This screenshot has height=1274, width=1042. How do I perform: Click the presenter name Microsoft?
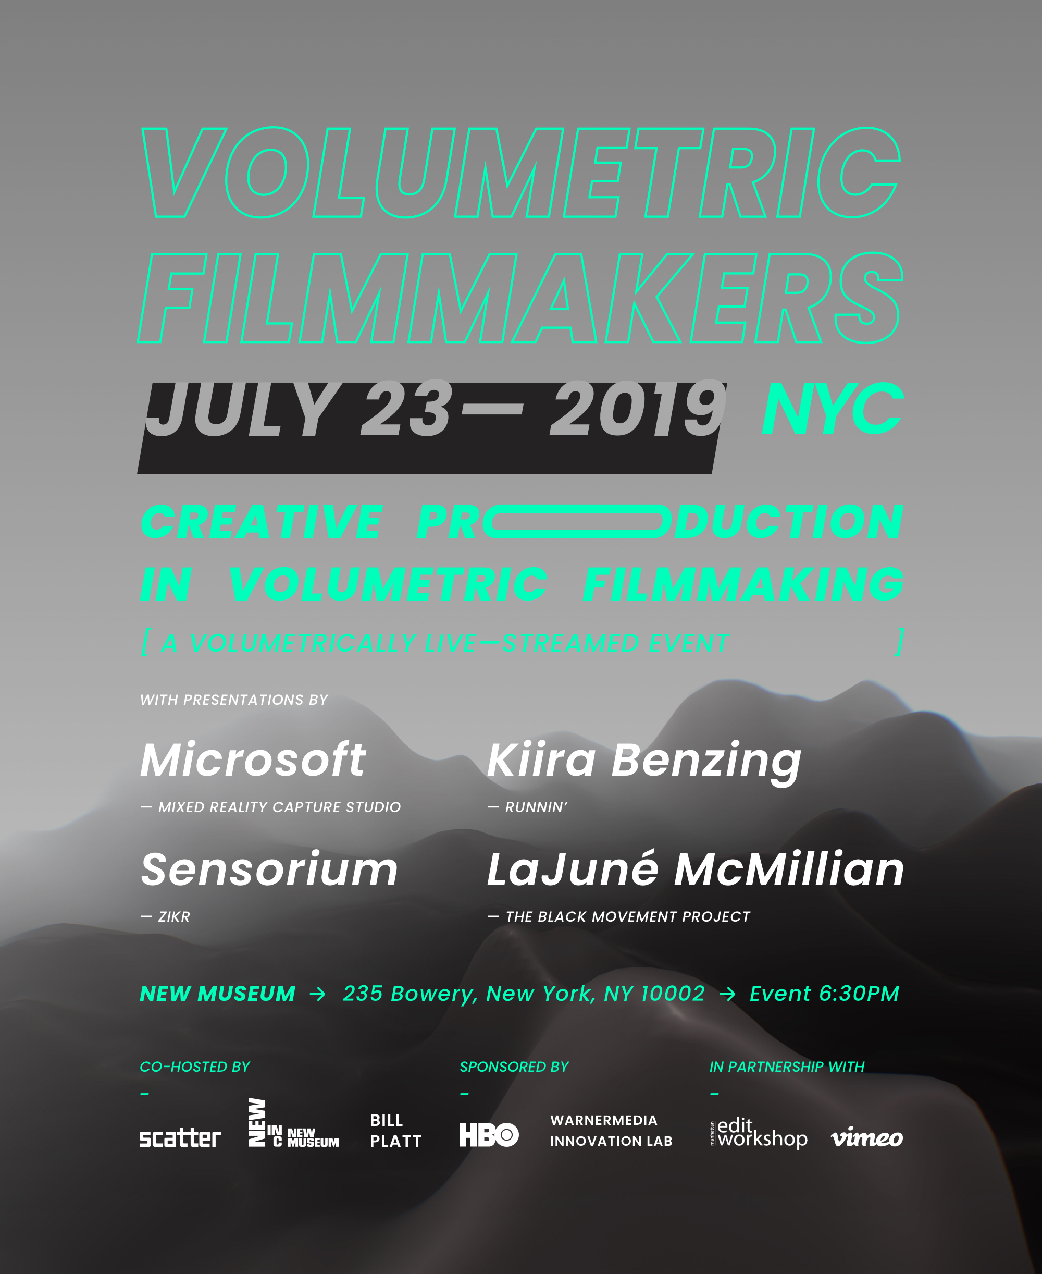click(x=253, y=759)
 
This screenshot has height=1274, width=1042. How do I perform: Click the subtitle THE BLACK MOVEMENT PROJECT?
click(x=628, y=917)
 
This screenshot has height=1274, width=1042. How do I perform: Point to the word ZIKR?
click(x=174, y=917)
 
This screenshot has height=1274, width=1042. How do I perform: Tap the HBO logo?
click(x=489, y=1135)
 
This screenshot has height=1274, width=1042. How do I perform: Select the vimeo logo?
click(x=867, y=1136)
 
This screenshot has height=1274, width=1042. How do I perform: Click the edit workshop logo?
click(x=759, y=1132)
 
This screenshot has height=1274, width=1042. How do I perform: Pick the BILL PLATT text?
click(x=395, y=1131)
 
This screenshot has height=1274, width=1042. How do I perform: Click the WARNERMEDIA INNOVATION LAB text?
click(x=611, y=1131)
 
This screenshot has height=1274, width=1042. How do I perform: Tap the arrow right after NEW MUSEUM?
click(x=317, y=994)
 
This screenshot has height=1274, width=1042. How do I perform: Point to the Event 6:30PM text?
click(x=824, y=994)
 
